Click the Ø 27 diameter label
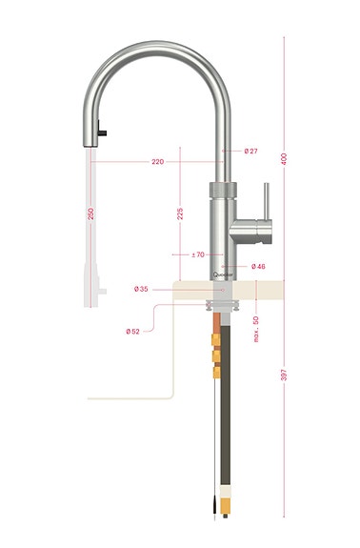click(x=251, y=151)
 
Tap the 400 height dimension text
click(x=284, y=158)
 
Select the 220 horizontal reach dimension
click(x=157, y=162)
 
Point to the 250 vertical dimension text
click(x=90, y=214)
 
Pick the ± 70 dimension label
click(x=198, y=254)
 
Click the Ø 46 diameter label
click(x=258, y=266)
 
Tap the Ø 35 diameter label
click(x=141, y=288)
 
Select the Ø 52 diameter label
click(x=132, y=331)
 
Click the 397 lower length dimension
click(x=284, y=375)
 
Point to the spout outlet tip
click(x=92, y=142)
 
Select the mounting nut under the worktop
click(x=227, y=306)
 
